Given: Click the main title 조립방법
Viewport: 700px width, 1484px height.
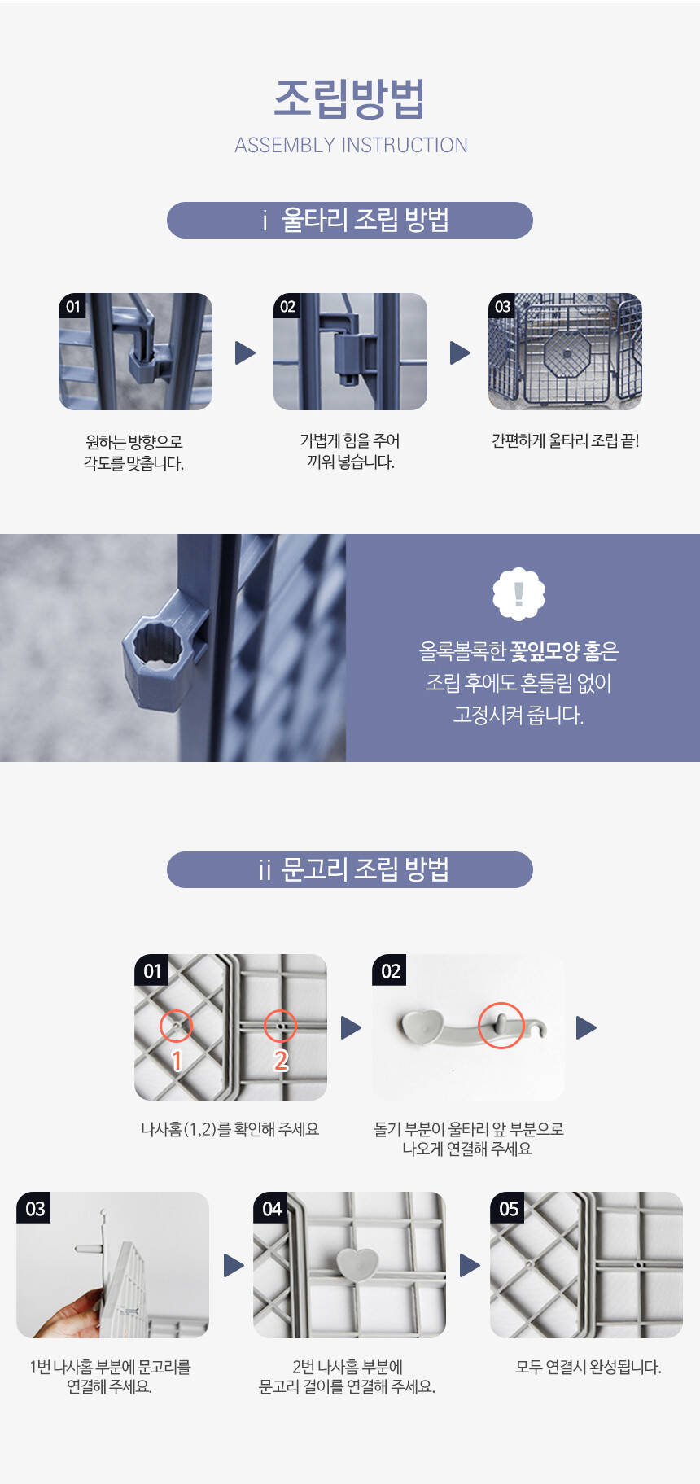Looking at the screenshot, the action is point(350,99).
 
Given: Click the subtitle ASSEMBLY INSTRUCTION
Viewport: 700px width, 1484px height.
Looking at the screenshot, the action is point(351,146).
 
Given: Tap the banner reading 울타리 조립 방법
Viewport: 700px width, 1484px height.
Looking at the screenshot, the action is point(350,220).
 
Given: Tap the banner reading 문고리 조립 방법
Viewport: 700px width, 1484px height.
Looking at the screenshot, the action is point(350,869).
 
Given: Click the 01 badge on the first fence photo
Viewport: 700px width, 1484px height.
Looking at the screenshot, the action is point(73,306).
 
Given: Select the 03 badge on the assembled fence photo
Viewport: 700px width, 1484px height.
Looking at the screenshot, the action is point(502,306).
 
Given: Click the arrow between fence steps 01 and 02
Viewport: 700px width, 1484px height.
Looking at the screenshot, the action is point(245,352).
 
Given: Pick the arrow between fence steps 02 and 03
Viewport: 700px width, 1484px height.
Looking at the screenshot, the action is point(460,352).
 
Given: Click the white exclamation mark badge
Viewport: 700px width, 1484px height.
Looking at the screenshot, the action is point(518,593).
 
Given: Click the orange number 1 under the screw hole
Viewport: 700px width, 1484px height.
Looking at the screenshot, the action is point(177,1061).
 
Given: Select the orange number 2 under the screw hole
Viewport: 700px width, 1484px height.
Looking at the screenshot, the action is point(281,1061).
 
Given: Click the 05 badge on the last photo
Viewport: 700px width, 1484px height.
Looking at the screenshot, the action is point(509,1209).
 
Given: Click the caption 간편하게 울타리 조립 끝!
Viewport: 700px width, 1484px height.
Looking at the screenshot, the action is point(565,441).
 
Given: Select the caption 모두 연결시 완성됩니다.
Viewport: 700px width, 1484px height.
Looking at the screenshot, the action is point(588,1368).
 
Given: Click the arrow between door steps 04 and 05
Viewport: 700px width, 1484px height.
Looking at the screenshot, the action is point(470,1265).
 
